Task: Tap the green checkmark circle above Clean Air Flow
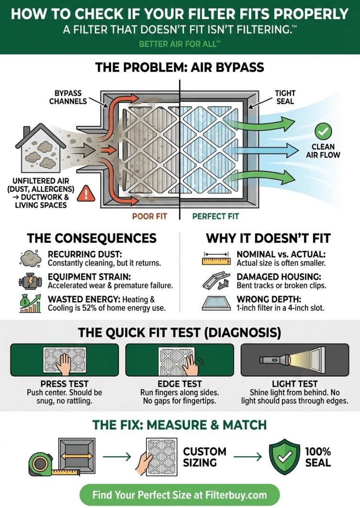(323, 130)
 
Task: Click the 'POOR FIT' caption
(149, 216)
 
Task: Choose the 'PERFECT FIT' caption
(215, 216)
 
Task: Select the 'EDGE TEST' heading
(180, 384)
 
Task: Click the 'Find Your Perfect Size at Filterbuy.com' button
(180, 494)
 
